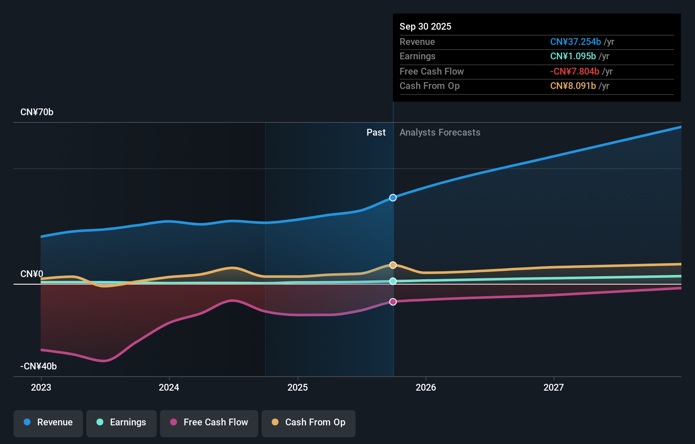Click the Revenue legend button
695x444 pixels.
[48, 423]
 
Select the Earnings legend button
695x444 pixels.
[121, 423]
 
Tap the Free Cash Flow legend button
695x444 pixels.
[209, 423]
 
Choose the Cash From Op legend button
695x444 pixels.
[309, 423]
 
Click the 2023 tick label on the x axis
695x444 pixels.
[41, 387]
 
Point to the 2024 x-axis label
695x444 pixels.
[169, 387]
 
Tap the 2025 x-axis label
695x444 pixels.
[298, 387]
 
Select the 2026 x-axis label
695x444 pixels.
[426, 387]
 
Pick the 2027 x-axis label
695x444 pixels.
[554, 387]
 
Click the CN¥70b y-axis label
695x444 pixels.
[37, 112]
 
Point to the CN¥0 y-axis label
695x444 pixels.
[32, 274]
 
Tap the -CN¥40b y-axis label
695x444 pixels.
[39, 366]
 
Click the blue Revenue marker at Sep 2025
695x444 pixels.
[393, 198]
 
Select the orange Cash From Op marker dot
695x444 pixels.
[393, 265]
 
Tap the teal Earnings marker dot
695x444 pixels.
[393, 281]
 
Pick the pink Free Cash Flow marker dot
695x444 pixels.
[393, 302]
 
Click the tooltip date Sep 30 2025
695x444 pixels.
[425, 27]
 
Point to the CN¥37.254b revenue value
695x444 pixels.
[575, 42]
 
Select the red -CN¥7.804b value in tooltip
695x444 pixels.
[574, 72]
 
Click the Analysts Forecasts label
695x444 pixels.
[440, 133]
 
